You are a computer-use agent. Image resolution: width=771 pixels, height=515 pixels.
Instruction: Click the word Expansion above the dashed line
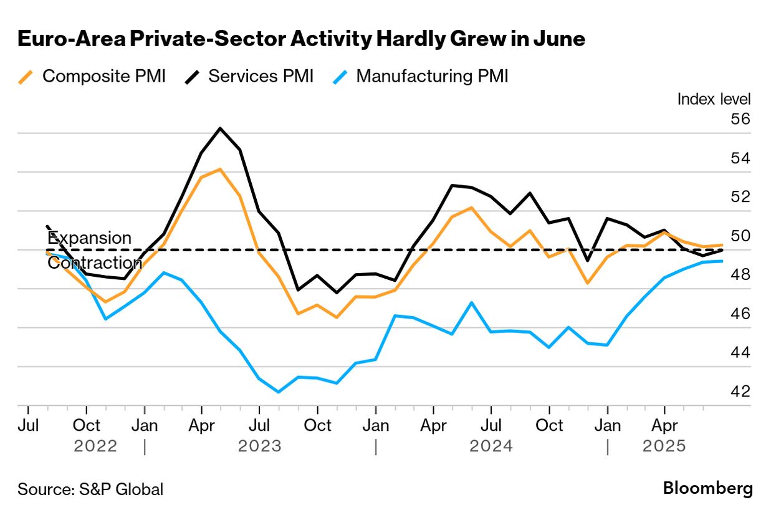coord(90,238)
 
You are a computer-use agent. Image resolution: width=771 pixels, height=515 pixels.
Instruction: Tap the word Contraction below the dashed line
coord(95,262)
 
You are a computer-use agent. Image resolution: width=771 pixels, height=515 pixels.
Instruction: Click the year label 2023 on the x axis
coord(260,446)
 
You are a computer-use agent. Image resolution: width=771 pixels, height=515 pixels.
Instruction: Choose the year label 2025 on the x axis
coord(664,446)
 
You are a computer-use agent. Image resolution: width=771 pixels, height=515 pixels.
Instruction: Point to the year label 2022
coord(95,446)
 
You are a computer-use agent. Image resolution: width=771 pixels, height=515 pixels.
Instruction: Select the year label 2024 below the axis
coord(491,446)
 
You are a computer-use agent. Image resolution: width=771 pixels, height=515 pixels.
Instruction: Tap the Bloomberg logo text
coord(707,488)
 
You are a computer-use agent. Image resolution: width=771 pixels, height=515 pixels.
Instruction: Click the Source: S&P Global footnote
coord(90,489)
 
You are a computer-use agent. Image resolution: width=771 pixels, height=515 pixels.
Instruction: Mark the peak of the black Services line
coord(220,128)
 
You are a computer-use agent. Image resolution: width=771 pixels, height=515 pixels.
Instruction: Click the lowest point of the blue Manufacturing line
coord(278,392)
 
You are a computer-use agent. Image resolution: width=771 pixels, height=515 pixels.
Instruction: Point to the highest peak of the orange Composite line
coord(220,169)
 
